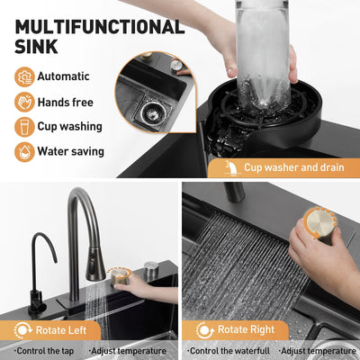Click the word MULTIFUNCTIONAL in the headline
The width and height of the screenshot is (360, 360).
tap(100, 27)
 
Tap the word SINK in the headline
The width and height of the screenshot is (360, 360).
tap(36, 47)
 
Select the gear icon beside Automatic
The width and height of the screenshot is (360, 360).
tap(24, 77)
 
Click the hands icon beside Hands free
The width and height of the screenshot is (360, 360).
tap(24, 103)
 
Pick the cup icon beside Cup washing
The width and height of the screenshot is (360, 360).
tap(24, 127)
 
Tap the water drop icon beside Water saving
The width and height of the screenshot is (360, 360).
tap(24, 152)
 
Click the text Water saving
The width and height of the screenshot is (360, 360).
tap(71, 151)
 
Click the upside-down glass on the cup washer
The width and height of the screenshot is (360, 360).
tap(264, 56)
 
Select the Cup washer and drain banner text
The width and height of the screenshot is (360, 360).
tap(294, 167)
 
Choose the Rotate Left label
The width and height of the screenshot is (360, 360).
tap(61, 330)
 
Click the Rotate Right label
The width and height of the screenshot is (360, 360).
tap(246, 329)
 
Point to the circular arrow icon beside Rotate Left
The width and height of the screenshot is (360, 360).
tap(22, 330)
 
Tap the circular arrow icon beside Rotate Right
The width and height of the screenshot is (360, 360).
tap(205, 330)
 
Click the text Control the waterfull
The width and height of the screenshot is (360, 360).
tap(229, 350)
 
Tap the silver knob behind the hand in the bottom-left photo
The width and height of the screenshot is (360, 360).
tap(151, 269)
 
